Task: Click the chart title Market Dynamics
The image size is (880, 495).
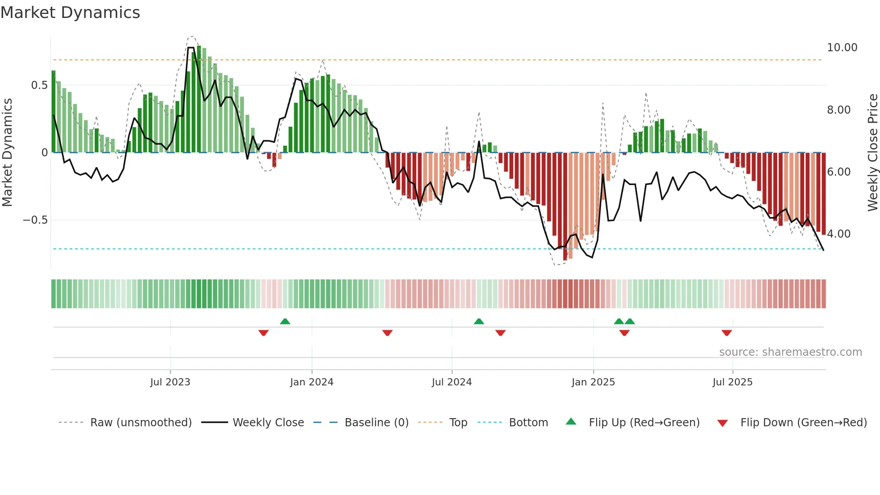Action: coord(70,13)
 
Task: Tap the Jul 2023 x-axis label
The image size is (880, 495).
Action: coord(170,382)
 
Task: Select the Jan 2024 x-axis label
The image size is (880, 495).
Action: coord(312,382)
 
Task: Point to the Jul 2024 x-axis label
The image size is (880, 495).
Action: coord(452,382)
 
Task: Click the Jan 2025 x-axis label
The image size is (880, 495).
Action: coord(593,382)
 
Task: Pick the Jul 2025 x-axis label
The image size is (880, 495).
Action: coord(732,382)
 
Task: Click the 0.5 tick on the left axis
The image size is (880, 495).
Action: coord(39,85)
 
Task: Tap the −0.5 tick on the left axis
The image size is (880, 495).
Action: coord(35,220)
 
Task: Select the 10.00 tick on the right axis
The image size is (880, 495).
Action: coord(842,48)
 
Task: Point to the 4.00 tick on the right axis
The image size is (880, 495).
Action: coord(839,234)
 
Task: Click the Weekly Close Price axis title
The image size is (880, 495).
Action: coord(872,152)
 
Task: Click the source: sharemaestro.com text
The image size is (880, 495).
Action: coord(790,352)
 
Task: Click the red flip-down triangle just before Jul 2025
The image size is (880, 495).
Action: coord(726,333)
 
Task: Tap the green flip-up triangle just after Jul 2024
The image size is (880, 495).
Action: coord(479,321)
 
